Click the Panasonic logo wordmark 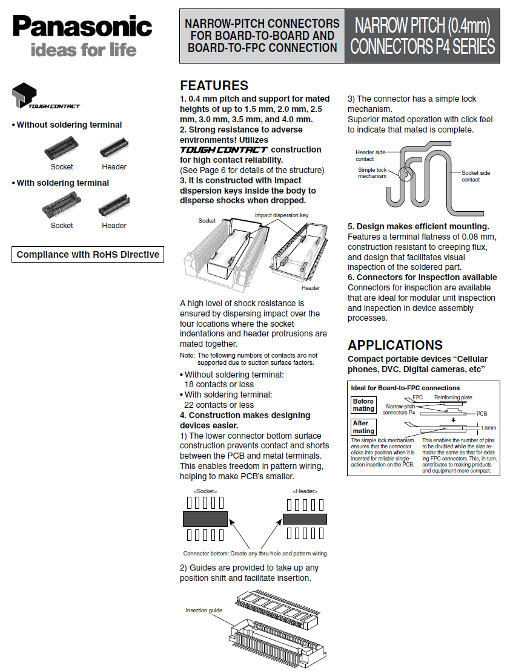click(82, 26)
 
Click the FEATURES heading click(214, 85)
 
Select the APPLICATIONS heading click(395, 345)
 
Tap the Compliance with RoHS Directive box click(88, 254)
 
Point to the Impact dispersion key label click(282, 215)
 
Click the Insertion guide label click(204, 610)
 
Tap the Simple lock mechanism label click(372, 172)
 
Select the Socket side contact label click(475, 176)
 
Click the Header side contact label click(369, 155)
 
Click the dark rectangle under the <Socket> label click(205, 519)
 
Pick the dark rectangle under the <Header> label click(305, 519)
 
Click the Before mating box click(363, 405)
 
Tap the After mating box click(363, 427)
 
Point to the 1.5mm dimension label click(488, 427)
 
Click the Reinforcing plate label click(453, 398)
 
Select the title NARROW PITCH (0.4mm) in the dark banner click(422, 26)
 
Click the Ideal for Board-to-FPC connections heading click(405, 388)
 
